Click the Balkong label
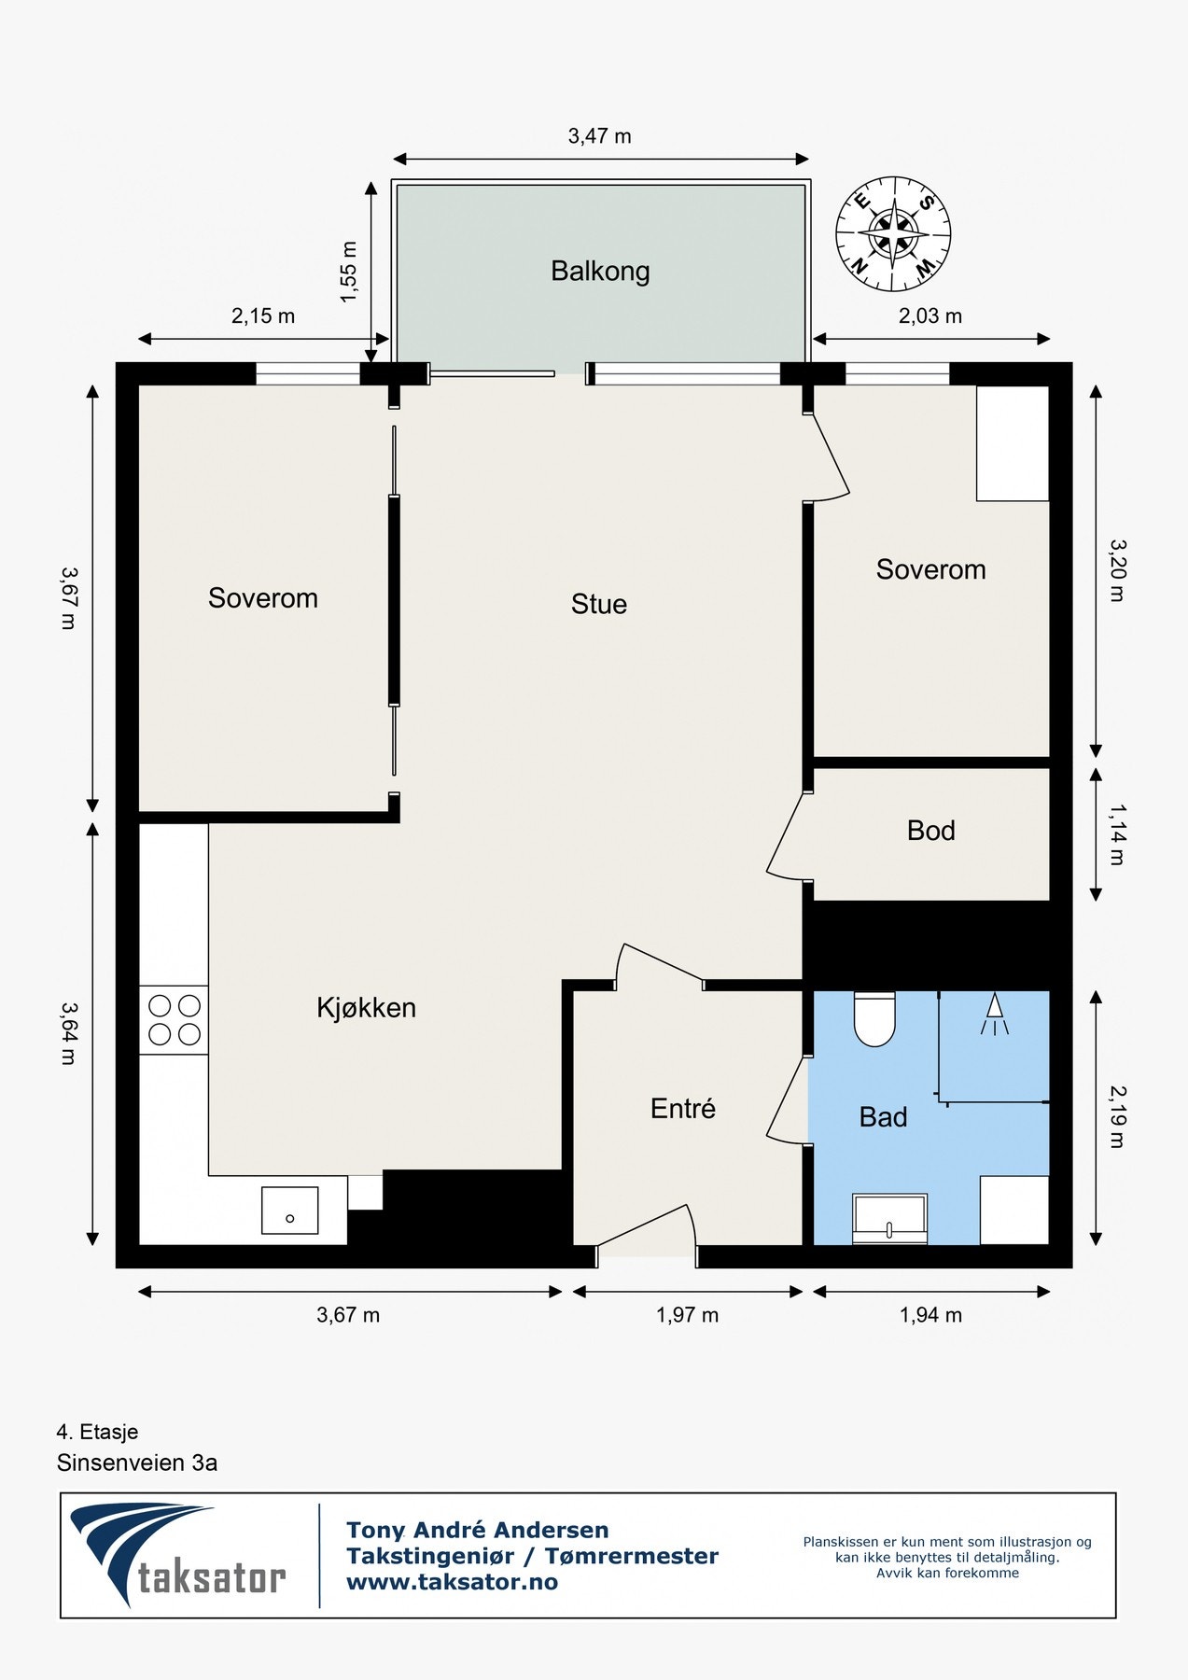pos(600,272)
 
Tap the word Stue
pos(599,604)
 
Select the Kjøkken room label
pos(367,1008)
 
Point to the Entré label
pos(683,1109)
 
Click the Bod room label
pos(931,831)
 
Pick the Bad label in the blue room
pos(883,1117)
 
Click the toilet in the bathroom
pos(874,1019)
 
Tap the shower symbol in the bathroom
pos(995,1014)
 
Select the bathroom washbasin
pos(890,1219)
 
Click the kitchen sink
pos(289,1211)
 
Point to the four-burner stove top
pos(174,1020)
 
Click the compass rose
pos(893,233)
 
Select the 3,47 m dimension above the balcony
pos(600,136)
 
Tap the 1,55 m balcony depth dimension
pos(349,272)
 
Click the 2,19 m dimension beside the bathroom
pos(1117,1116)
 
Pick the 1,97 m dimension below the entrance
pos(688,1315)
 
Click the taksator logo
pos(178,1555)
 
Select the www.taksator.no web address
pos(452,1582)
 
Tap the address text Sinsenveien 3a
pos(137,1463)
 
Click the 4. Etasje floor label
pos(97,1432)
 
